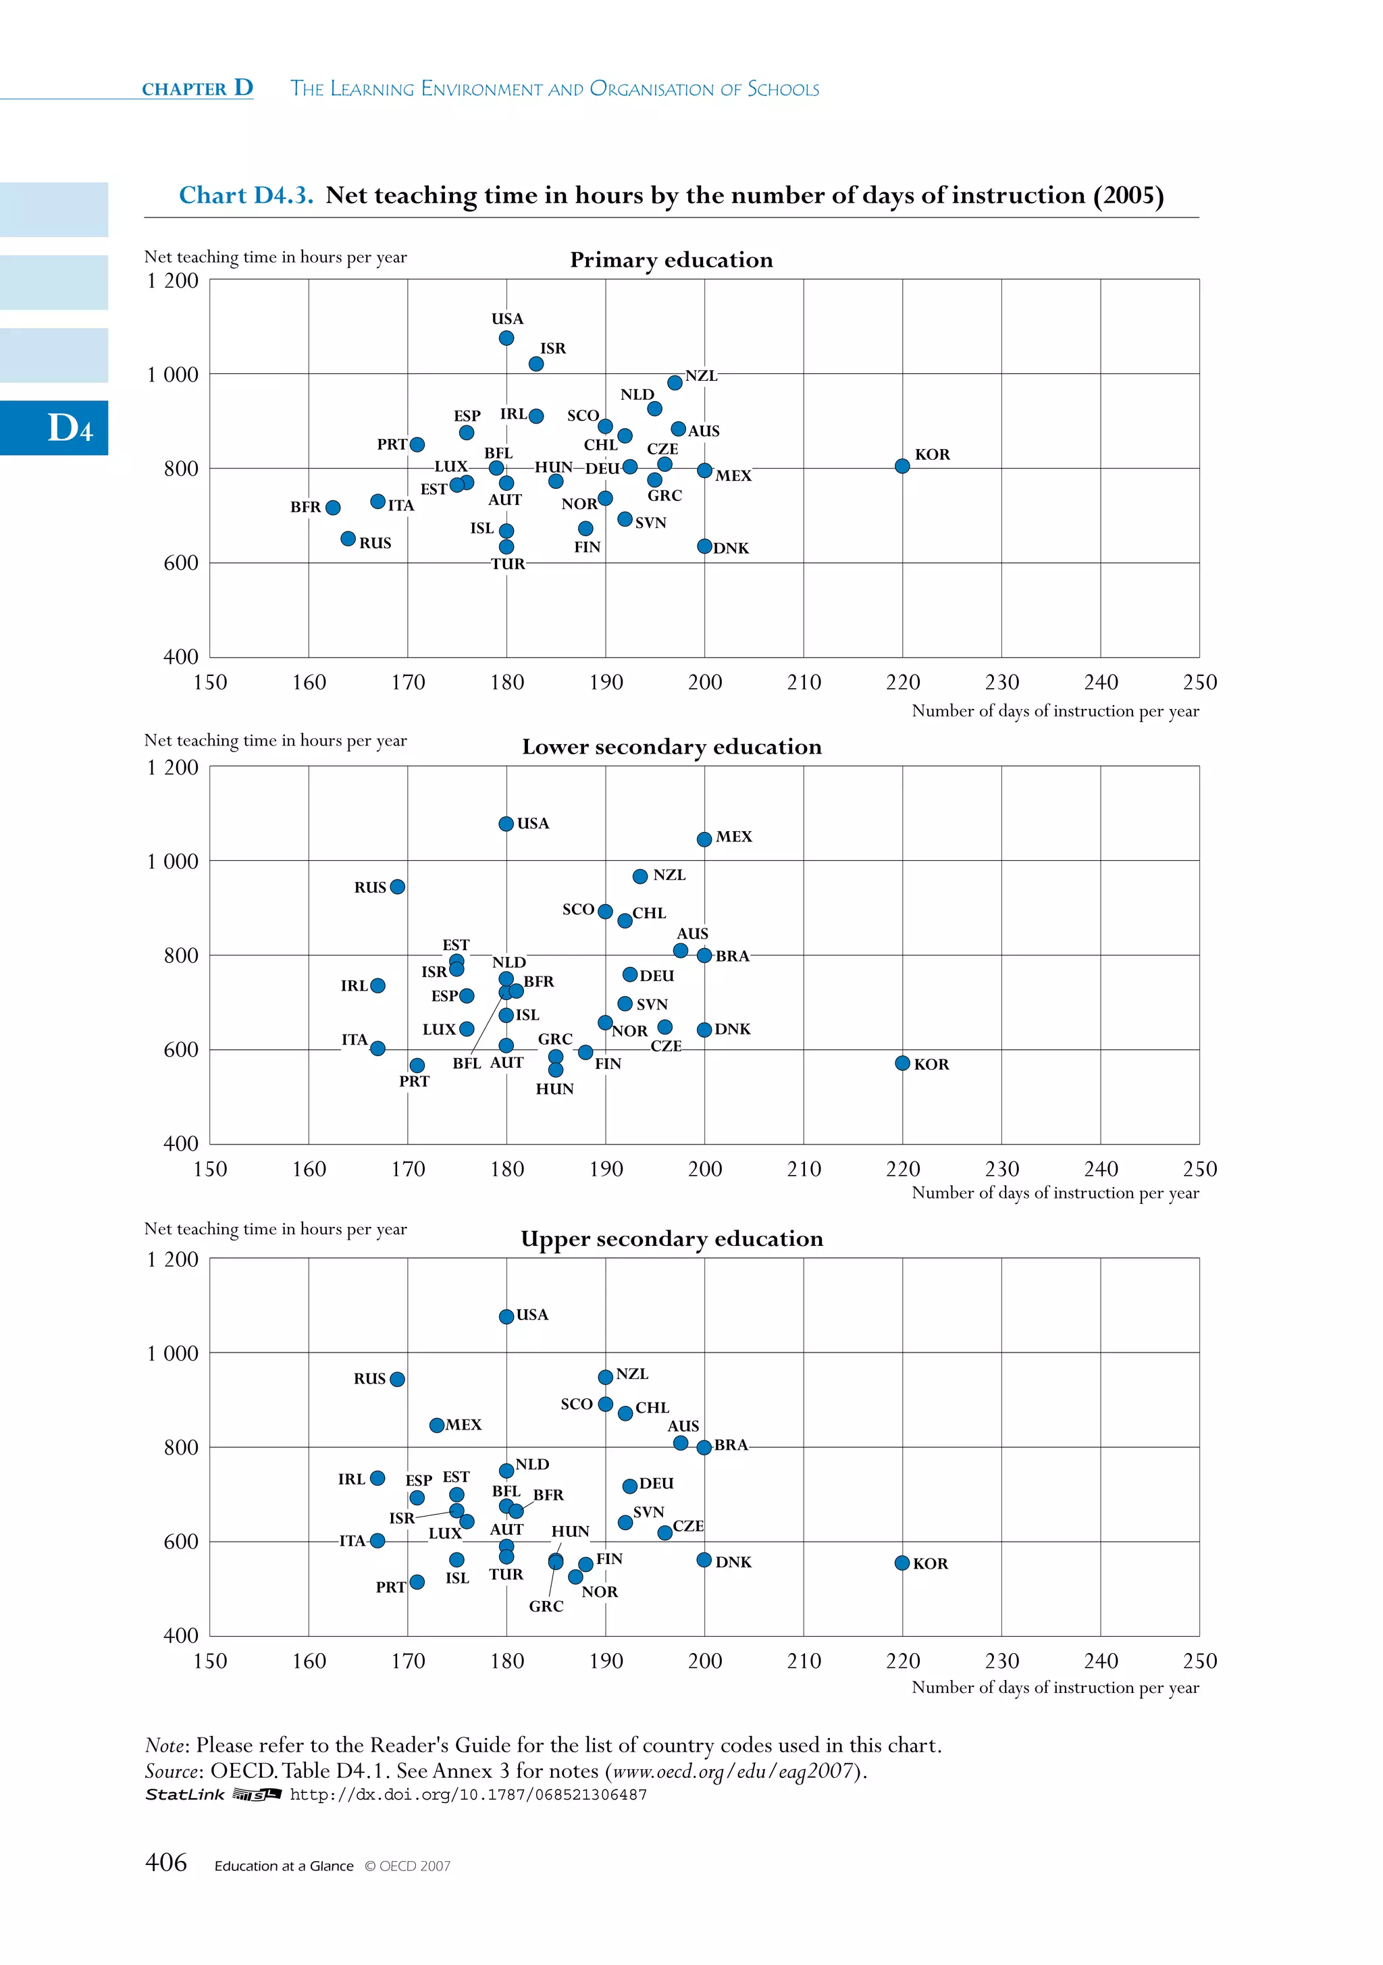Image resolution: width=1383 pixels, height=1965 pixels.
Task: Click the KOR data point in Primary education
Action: (x=902, y=465)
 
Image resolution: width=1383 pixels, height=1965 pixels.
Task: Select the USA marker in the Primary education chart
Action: (x=506, y=338)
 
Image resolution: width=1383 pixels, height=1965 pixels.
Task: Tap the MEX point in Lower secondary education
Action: (x=704, y=839)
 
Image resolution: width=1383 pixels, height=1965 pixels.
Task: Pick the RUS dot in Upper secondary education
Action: (x=397, y=1379)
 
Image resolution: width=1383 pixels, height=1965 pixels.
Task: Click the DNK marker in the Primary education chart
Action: (x=704, y=546)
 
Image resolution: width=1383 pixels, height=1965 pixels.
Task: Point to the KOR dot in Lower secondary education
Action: (x=902, y=1063)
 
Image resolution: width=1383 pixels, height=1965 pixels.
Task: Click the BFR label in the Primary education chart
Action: (x=305, y=506)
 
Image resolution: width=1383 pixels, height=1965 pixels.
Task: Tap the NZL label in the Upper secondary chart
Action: (x=633, y=1373)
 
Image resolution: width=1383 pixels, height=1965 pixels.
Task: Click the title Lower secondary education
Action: (x=672, y=747)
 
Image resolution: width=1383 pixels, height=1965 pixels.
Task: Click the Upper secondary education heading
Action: (x=672, y=1239)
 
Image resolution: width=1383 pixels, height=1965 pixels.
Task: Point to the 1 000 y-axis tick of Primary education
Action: (x=173, y=375)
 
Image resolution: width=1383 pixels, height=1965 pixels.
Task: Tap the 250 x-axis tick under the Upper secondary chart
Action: (x=1199, y=1661)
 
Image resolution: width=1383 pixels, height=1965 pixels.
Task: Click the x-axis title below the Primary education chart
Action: (x=1055, y=711)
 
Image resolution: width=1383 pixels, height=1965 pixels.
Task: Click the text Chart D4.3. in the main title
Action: (x=246, y=195)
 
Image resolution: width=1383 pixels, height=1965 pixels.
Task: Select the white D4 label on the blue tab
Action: (x=70, y=428)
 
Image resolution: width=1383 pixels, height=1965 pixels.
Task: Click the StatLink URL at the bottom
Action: (x=468, y=1795)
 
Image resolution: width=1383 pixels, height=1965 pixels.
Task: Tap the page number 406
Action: (x=166, y=1862)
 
